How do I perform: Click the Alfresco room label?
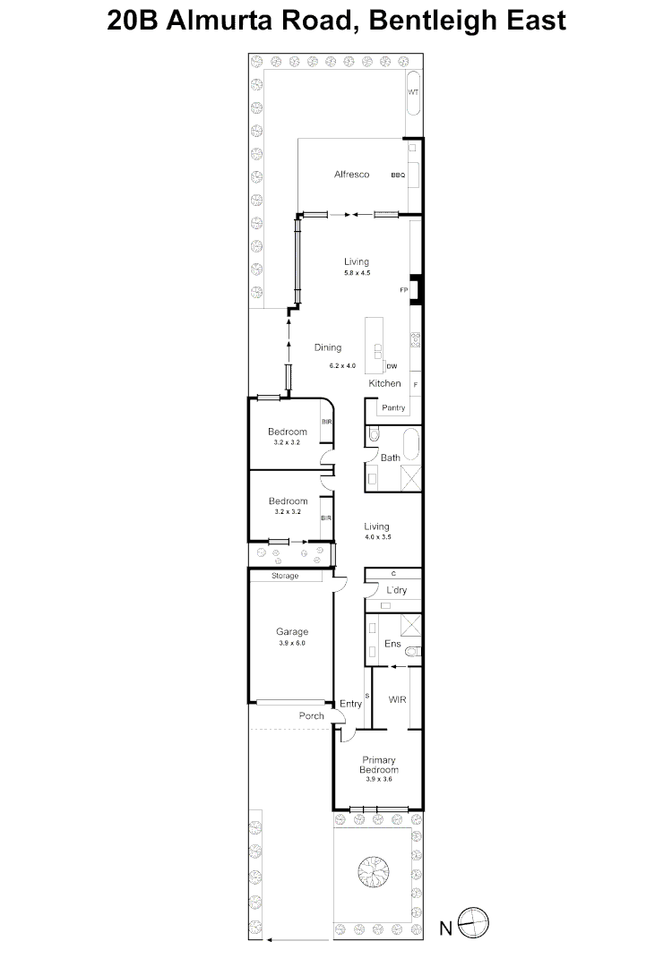click(x=352, y=175)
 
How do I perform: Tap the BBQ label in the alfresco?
click(x=398, y=175)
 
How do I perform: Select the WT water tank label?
click(x=413, y=92)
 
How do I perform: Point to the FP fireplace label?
click(x=404, y=290)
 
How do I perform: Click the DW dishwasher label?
click(x=392, y=366)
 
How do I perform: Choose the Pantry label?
click(x=393, y=407)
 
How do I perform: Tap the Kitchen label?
click(x=385, y=383)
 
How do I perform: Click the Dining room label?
click(x=328, y=347)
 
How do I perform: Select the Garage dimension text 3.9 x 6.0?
click(x=292, y=643)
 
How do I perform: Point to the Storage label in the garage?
click(x=285, y=576)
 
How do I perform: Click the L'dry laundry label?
click(x=397, y=590)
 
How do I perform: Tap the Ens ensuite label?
click(x=392, y=644)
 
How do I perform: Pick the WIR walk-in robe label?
click(x=398, y=699)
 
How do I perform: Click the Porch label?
click(x=312, y=716)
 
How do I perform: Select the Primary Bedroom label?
click(x=379, y=765)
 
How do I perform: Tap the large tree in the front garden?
click(x=374, y=871)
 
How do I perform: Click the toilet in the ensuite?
click(x=413, y=651)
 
